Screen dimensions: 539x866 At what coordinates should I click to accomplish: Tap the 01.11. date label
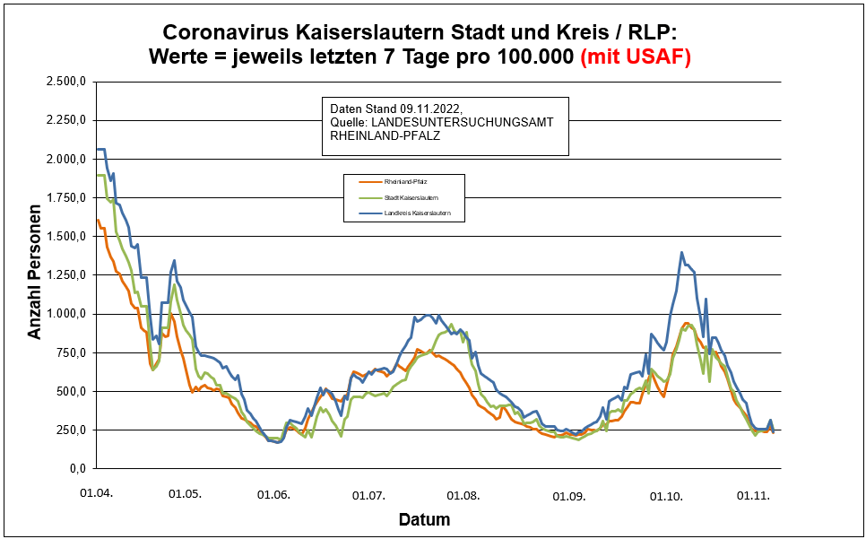[753, 494]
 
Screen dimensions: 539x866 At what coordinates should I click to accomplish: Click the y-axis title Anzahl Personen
[34, 274]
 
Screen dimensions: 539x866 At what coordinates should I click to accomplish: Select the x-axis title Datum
[424, 520]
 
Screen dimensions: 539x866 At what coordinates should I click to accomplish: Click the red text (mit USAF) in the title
[636, 57]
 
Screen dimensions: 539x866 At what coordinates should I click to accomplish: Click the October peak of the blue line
[681, 253]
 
